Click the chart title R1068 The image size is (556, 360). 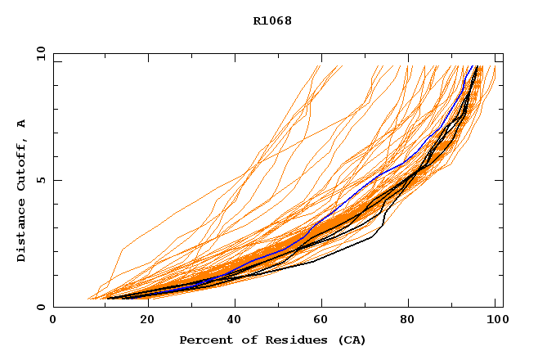(272, 20)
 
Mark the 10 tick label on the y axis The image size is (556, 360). (40, 53)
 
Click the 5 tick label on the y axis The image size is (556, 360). (40, 180)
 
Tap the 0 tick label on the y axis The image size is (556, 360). (40, 307)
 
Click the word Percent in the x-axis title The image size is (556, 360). (202, 340)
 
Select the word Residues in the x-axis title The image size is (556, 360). (279, 340)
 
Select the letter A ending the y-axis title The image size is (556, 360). (22, 124)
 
